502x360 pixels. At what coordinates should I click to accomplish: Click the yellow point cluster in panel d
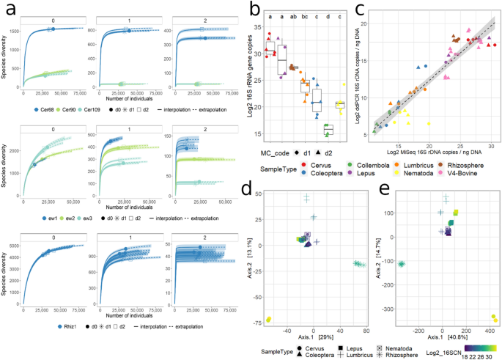[269, 320]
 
